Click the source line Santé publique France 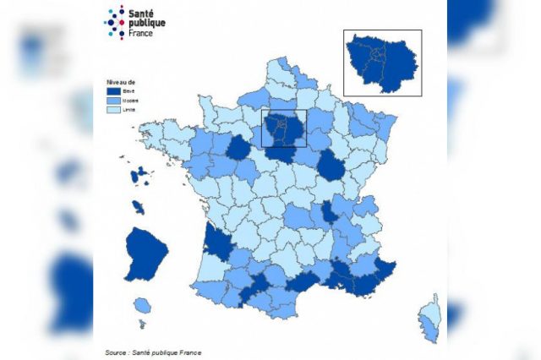[154, 352]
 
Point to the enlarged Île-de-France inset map [381, 63]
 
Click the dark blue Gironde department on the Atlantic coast [219, 246]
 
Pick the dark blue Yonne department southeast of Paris [331, 166]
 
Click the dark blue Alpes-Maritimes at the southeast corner [385, 269]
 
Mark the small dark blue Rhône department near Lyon [327, 213]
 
